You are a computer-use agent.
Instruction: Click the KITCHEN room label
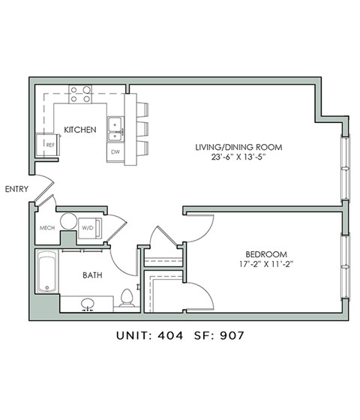pyautogui.click(x=79, y=130)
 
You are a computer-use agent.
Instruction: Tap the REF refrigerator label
pyautogui.click(x=51, y=144)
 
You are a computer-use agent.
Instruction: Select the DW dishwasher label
pyautogui.click(x=115, y=151)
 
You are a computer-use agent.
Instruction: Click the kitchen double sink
pyautogui.click(x=115, y=128)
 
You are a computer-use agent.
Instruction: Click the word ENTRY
pyautogui.click(x=16, y=189)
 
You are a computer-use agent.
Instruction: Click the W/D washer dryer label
pyautogui.click(x=87, y=227)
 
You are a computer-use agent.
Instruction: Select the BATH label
pyautogui.click(x=93, y=274)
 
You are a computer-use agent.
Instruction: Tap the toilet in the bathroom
pyautogui.click(x=126, y=298)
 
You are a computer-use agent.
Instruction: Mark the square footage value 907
pyautogui.click(x=229, y=336)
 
